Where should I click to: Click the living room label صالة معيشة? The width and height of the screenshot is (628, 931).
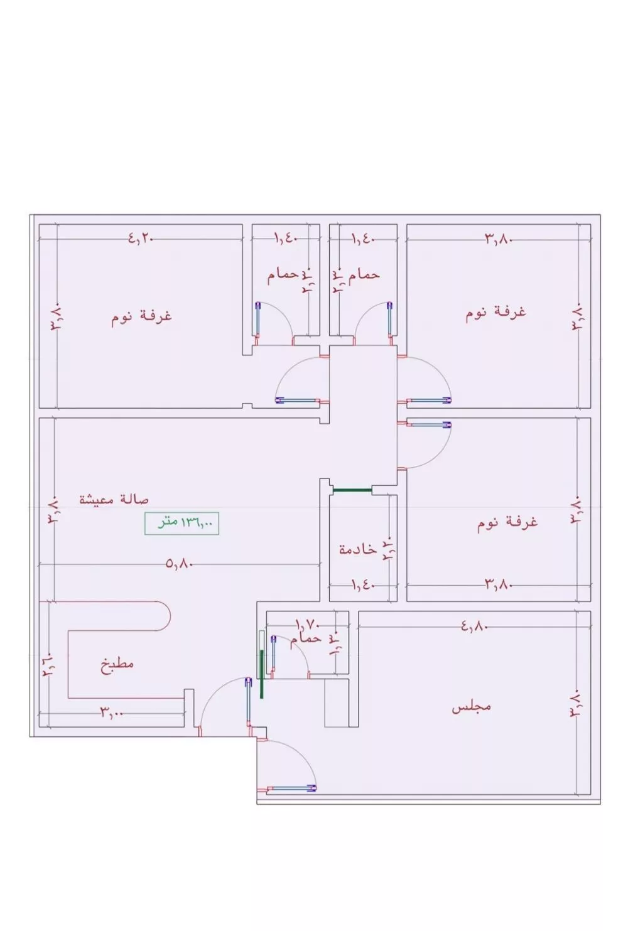(114, 500)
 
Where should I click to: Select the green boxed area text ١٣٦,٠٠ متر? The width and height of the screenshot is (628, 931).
(181, 522)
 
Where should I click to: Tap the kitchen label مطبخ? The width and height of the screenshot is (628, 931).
(117, 664)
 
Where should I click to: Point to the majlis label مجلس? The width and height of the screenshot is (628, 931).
(471, 707)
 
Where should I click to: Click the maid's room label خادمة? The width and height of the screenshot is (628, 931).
(357, 549)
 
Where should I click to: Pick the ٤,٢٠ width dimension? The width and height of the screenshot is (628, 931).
(141, 239)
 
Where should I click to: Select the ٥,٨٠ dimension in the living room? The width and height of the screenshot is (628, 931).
(179, 564)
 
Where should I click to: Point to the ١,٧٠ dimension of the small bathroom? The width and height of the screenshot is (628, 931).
(308, 625)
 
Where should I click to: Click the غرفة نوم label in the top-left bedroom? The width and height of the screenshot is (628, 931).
(142, 316)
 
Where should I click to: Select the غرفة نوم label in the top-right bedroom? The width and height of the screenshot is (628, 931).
(495, 312)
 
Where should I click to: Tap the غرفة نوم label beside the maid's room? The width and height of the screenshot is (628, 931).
(507, 522)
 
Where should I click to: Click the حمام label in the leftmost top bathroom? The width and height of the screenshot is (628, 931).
(283, 276)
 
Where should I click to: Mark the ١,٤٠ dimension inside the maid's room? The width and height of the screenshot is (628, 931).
(363, 584)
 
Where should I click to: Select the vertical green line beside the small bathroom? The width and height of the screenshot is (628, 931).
(261, 673)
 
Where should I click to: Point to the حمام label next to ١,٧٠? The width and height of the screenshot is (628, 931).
(305, 639)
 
